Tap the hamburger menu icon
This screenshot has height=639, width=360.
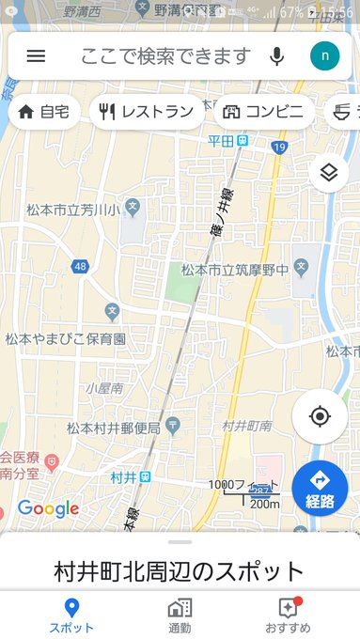pyautogui.click(x=36, y=55)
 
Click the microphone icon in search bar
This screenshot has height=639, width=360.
pyautogui.click(x=276, y=55)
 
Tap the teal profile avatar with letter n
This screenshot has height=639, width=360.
pyautogui.click(x=324, y=55)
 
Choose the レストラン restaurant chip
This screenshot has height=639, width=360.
pyautogui.click(x=147, y=112)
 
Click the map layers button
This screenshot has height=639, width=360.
pyautogui.click(x=328, y=172)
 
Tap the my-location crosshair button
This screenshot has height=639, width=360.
pyautogui.click(x=320, y=416)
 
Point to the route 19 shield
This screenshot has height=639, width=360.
pyautogui.click(x=279, y=148)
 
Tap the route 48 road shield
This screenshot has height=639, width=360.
pyautogui.click(x=80, y=267)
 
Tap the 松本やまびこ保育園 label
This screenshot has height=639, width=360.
pyautogui.click(x=66, y=337)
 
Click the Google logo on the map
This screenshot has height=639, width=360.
pyautogui.click(x=48, y=509)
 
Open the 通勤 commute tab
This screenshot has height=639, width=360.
pyautogui.click(x=180, y=615)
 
